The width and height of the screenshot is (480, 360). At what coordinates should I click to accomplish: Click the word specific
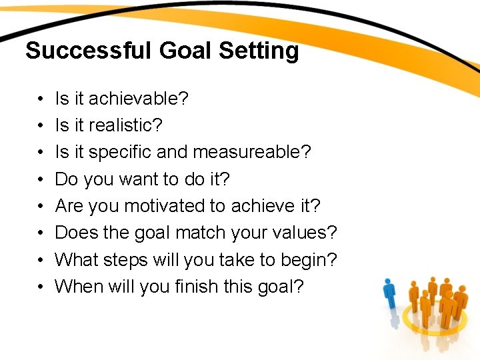pos(120,152)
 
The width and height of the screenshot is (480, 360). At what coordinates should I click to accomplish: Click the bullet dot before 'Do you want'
pos(41,180)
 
